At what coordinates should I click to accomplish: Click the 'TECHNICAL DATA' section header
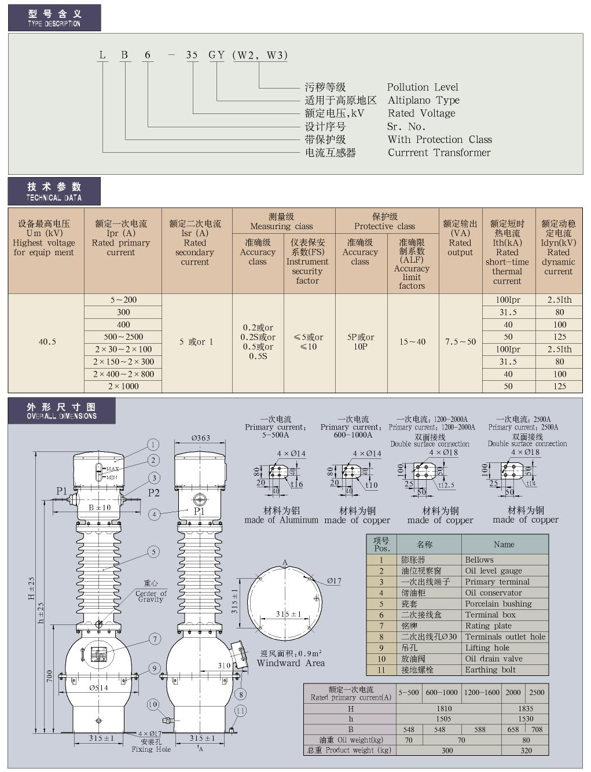(x=54, y=192)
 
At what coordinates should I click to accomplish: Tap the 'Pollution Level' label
(x=423, y=87)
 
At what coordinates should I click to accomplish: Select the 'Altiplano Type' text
(x=424, y=101)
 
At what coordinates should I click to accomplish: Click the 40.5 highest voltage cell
(x=47, y=342)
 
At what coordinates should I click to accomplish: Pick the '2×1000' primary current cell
(x=123, y=386)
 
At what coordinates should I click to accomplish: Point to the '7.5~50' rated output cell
(x=460, y=342)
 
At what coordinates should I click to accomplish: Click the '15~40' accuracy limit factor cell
(x=412, y=342)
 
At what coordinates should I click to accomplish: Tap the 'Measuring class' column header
(x=281, y=222)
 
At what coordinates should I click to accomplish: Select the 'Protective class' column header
(x=385, y=222)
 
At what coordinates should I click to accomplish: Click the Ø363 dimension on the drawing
(x=200, y=438)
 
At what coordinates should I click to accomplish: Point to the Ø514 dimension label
(x=98, y=688)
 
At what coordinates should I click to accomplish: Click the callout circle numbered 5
(x=153, y=552)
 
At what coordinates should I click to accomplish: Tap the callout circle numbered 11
(x=240, y=710)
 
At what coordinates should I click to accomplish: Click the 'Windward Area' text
(x=291, y=663)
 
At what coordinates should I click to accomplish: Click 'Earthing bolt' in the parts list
(x=490, y=670)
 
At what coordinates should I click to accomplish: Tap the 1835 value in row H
(x=526, y=708)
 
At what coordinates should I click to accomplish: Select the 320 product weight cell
(x=526, y=751)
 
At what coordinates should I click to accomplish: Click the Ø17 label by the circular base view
(x=334, y=580)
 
